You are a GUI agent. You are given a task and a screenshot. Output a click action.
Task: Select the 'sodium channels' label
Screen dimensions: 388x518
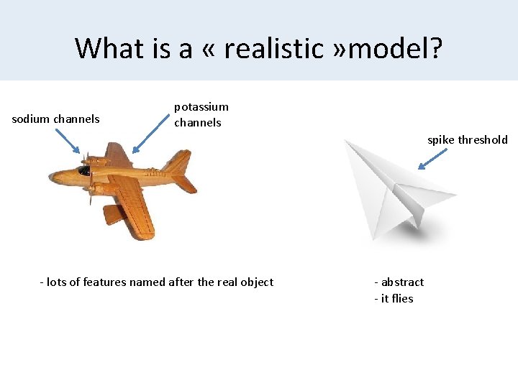point(56,119)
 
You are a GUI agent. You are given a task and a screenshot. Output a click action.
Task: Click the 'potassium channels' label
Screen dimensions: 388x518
point(201,114)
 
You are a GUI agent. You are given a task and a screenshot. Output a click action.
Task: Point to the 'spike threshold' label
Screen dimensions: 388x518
point(468,140)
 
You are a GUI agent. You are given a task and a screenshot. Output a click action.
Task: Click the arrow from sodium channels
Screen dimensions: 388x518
point(68,140)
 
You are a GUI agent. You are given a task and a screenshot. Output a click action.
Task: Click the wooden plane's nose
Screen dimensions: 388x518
point(53,175)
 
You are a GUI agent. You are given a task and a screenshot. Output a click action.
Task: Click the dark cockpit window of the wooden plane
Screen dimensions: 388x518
point(85,171)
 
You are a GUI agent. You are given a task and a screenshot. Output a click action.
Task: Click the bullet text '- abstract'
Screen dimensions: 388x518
point(399,282)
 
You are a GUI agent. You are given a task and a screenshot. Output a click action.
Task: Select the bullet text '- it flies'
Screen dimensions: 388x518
point(394,299)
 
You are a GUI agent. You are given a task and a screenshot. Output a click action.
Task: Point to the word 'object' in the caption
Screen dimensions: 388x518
point(257,282)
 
